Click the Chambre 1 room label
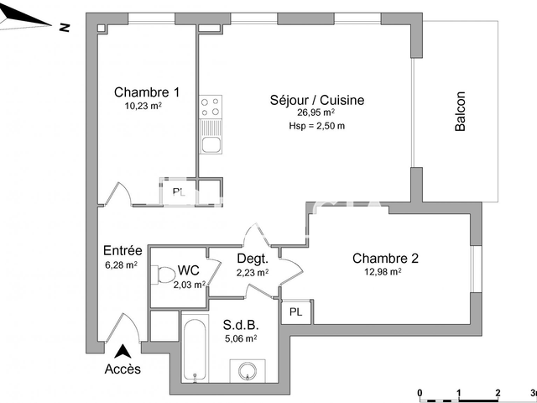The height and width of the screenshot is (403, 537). pos(146,92)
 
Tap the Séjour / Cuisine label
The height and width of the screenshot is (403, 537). pos(317,100)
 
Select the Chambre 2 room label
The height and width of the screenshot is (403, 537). pos(385,258)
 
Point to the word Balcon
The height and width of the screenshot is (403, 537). pos(460,111)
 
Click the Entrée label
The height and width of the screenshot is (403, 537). pos(122,250)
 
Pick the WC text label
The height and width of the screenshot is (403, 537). pos(189,270)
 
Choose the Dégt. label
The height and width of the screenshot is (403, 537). pos(252,259)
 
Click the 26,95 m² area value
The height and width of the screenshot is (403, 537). pos(315,113)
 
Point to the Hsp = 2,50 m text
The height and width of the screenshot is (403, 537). pos(315,126)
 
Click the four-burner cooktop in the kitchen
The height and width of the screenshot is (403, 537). pos(211,107)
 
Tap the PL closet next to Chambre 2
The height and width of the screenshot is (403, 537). pos(295,311)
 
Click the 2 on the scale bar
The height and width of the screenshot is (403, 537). pos(498,392)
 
